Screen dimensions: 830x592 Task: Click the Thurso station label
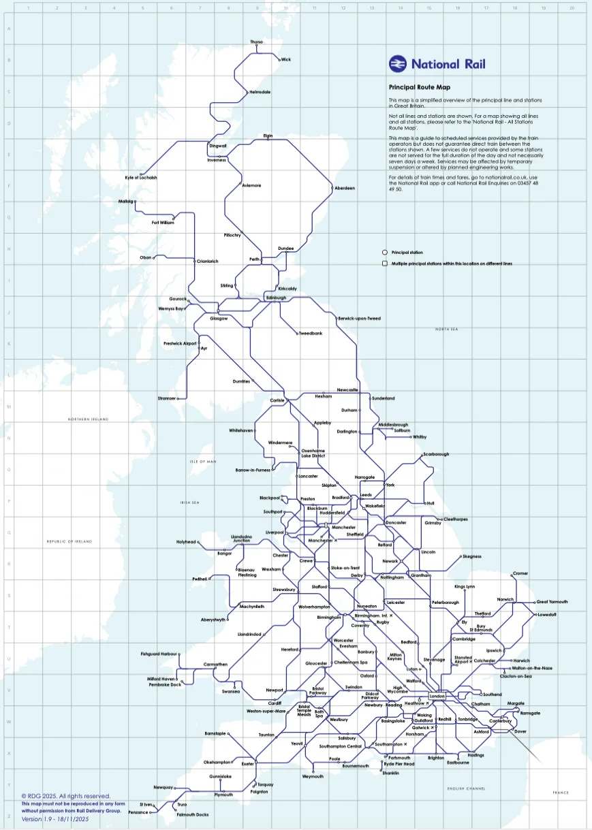click(x=256, y=42)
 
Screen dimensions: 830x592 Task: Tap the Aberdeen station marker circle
click(x=331, y=188)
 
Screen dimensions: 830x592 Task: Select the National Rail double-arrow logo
click(x=397, y=64)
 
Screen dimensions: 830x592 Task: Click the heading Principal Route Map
click(x=419, y=88)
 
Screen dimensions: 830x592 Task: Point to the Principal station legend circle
click(x=385, y=252)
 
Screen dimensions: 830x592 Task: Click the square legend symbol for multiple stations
click(x=385, y=263)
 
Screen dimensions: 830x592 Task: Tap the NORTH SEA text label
click(x=447, y=329)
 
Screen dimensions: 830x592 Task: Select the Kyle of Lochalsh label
click(x=140, y=177)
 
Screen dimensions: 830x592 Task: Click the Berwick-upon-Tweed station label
click(x=359, y=319)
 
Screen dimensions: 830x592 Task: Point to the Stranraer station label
click(x=167, y=398)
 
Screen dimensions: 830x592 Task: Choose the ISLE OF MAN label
click(x=202, y=462)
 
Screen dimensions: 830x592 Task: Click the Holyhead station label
click(x=186, y=542)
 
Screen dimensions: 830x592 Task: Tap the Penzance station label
click(x=138, y=812)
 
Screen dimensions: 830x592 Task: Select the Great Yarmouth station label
click(x=552, y=602)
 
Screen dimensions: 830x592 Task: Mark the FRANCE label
click(x=560, y=793)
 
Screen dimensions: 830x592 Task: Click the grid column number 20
click(x=572, y=8)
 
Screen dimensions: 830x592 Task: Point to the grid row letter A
click(x=8, y=30)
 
